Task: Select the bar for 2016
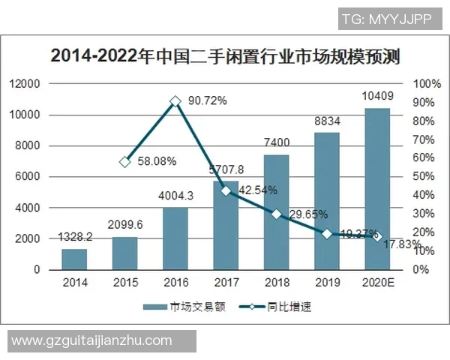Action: [175, 238]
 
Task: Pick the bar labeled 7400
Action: [276, 212]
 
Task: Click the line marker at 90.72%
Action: [175, 101]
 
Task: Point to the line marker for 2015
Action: [125, 161]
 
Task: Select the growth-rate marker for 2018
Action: [276, 214]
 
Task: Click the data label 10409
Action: [377, 96]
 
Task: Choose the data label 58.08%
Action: [157, 160]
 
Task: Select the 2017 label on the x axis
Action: [226, 283]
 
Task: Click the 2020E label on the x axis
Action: [377, 283]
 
